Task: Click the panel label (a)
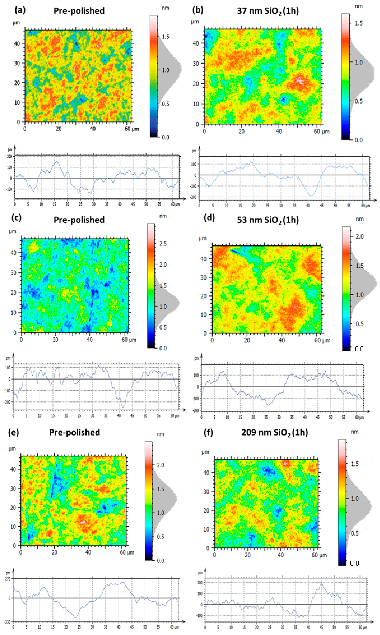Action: [x=20, y=10]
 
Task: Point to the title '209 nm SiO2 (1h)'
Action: [x=274, y=433]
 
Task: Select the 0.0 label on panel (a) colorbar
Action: [x=165, y=137]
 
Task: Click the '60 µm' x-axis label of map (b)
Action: [x=322, y=132]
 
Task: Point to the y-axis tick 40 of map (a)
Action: [x=17, y=44]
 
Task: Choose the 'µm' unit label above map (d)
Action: [x=202, y=238]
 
